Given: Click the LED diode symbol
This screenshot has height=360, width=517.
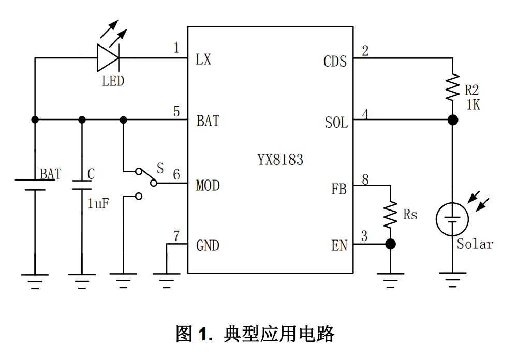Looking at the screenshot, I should coord(108,57).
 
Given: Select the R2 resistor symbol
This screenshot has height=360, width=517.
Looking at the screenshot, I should coord(453,87).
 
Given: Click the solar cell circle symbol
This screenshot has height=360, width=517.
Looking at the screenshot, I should coord(453,219).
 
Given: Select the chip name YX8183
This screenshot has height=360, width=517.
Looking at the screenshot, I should coord(280,159).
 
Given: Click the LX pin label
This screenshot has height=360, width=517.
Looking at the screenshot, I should coord(203,60).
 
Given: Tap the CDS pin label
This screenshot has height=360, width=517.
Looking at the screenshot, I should coord(335,62).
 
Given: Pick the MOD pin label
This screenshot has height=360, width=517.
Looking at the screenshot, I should coord(208,185).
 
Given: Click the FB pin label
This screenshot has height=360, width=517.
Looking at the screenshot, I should coord(339,189).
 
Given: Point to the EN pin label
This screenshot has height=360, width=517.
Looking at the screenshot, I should coord(339,246).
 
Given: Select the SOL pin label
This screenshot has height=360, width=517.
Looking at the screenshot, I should coord(336,123).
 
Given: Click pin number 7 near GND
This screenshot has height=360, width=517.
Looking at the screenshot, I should coord(176,236).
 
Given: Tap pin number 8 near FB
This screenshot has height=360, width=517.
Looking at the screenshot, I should coord(365,179).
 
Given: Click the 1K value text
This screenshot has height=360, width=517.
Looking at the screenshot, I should coord(473,105).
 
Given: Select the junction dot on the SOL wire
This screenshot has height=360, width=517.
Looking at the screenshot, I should coord(453,120).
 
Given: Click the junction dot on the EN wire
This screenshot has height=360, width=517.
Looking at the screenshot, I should coord(390,244).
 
